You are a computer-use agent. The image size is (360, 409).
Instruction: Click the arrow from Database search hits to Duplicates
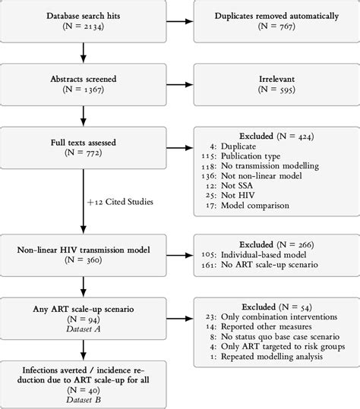coord(180,22)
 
